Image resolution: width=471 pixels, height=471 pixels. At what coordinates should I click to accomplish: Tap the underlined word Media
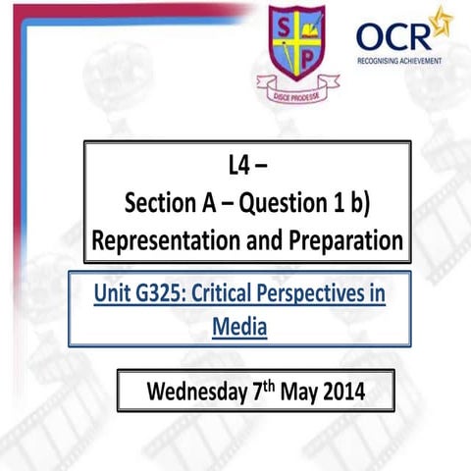point(239,325)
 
